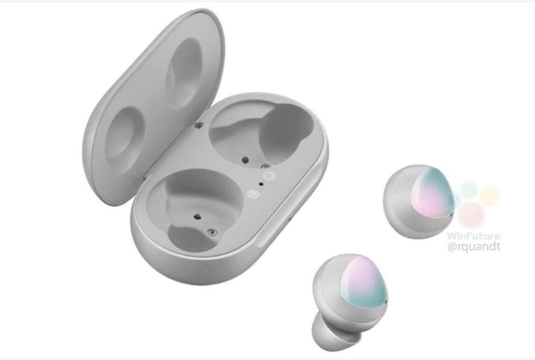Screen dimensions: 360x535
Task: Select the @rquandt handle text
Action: [x=474, y=247]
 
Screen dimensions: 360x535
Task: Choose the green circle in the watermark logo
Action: [x=469, y=191]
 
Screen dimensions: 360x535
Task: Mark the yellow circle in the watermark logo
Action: [x=490, y=195]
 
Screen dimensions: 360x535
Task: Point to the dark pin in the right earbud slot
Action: [x=244, y=158]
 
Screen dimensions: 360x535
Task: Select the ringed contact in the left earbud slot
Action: [x=212, y=232]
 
